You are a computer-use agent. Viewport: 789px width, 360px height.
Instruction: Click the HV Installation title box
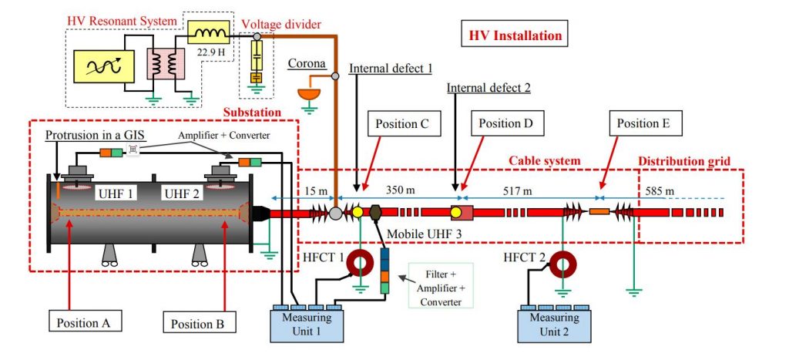pos(515,35)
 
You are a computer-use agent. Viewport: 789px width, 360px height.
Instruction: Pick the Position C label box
pos(408,123)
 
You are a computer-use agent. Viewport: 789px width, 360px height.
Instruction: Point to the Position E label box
pos(644,123)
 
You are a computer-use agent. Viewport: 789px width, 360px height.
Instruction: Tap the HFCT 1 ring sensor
pos(361,263)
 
